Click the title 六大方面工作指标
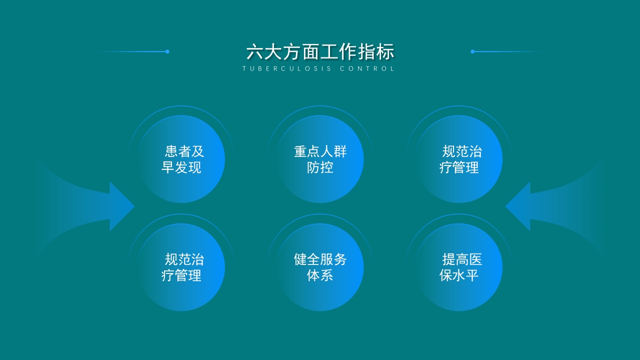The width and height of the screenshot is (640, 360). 320,52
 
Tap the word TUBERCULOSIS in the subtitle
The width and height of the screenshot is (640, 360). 286,69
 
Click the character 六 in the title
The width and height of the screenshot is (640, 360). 255,52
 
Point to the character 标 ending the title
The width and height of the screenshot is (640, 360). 385,52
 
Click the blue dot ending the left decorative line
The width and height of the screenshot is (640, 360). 167,51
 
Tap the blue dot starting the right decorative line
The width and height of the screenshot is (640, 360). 472,51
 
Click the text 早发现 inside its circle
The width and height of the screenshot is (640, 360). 181,167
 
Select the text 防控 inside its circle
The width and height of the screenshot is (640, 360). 320,167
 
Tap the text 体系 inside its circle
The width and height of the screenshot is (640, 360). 320,275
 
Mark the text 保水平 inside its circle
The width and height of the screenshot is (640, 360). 459,275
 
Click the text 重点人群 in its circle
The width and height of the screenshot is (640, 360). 320,151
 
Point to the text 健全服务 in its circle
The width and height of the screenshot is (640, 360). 320,259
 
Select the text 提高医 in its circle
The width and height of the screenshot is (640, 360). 462,259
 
